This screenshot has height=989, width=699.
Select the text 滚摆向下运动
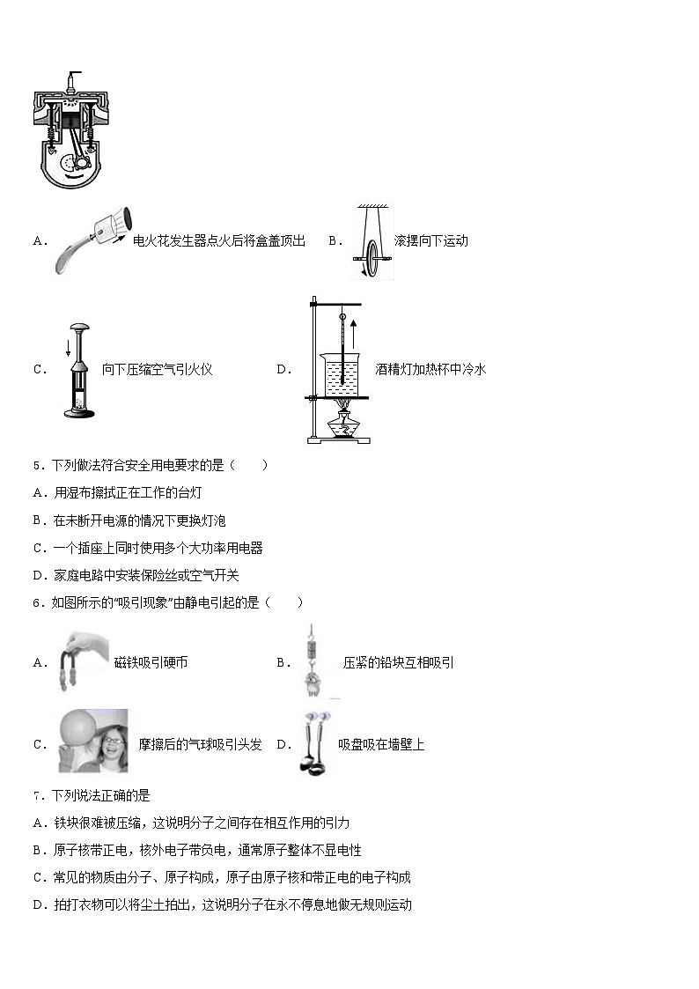point(430,240)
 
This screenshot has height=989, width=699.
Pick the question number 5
point(37,466)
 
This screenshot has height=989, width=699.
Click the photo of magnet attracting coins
point(80,662)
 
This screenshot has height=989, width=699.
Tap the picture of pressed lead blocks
point(309,662)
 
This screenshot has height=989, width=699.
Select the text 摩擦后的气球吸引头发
point(200,744)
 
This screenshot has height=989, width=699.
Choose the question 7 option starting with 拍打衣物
point(222,904)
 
